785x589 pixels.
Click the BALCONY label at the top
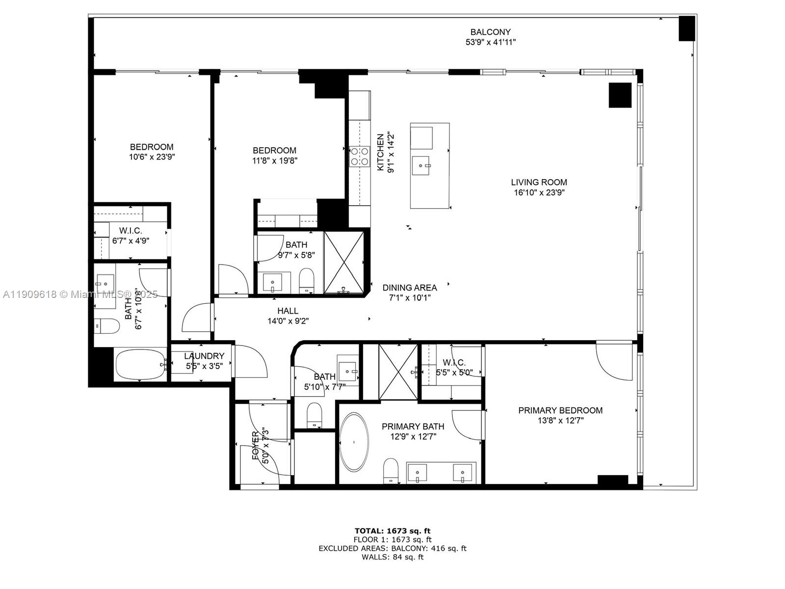click(x=490, y=32)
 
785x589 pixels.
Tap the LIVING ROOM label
click(x=539, y=182)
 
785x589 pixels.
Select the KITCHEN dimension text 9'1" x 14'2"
click(x=391, y=152)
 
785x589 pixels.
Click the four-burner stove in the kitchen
click(x=359, y=156)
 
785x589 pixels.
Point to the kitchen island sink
click(x=421, y=165)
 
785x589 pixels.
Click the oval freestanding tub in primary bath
click(x=354, y=442)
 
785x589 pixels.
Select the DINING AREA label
click(x=409, y=288)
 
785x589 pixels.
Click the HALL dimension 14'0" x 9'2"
click(x=288, y=321)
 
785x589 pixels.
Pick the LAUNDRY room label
click(x=204, y=356)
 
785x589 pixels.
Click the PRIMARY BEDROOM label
click(x=560, y=410)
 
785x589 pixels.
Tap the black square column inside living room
click(x=620, y=95)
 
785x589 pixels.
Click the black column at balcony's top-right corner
click(x=686, y=28)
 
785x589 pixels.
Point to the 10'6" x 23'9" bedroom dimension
click(x=152, y=157)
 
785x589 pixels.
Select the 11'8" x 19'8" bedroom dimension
click(x=274, y=161)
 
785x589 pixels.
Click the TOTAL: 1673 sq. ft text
click(x=392, y=531)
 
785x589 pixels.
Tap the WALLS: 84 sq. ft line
click(x=392, y=557)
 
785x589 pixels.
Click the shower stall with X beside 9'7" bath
click(x=344, y=263)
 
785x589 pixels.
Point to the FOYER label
click(x=256, y=446)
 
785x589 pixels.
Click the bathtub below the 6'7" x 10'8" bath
click(x=140, y=364)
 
